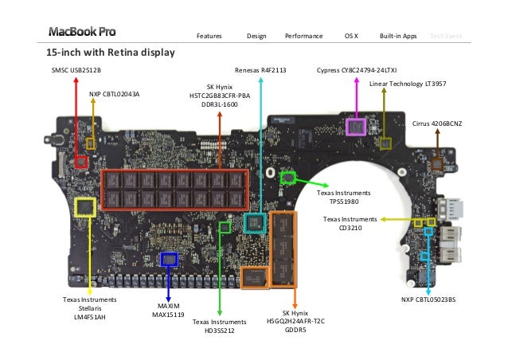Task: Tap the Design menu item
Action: pos(256,36)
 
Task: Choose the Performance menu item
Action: pos(303,36)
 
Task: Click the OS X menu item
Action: pos(351,36)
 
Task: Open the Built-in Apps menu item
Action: pos(398,36)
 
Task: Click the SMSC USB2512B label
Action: pos(77,71)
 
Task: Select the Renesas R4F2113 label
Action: pos(260,71)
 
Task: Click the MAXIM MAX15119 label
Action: pos(168,310)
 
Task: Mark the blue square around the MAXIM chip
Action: pos(169,259)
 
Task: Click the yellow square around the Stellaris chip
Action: pos(85,208)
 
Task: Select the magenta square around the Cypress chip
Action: pos(356,126)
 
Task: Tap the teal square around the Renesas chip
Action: pos(254,222)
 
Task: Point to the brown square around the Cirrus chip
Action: pos(436,164)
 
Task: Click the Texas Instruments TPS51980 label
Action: pos(344,197)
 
